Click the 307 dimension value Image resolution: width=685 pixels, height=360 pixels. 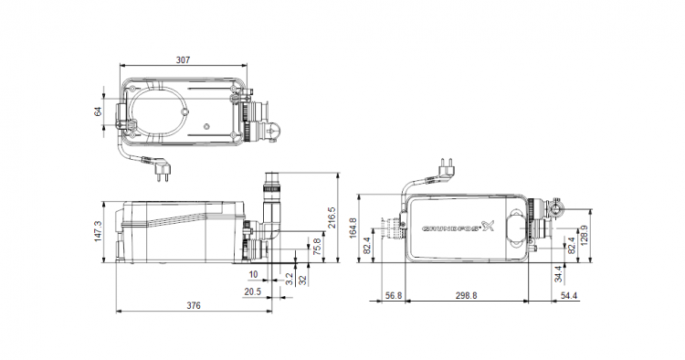tap(183, 60)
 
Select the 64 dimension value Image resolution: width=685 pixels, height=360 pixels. tap(98, 111)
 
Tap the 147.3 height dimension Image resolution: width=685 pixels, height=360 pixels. tap(98, 231)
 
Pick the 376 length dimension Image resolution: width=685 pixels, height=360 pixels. tap(194, 306)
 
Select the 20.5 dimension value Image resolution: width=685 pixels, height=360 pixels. tap(252, 291)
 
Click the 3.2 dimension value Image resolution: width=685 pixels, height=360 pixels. tap(290, 280)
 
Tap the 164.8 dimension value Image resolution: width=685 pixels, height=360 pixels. tap(353, 228)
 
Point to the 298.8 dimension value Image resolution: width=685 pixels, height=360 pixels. tap(466, 296)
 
